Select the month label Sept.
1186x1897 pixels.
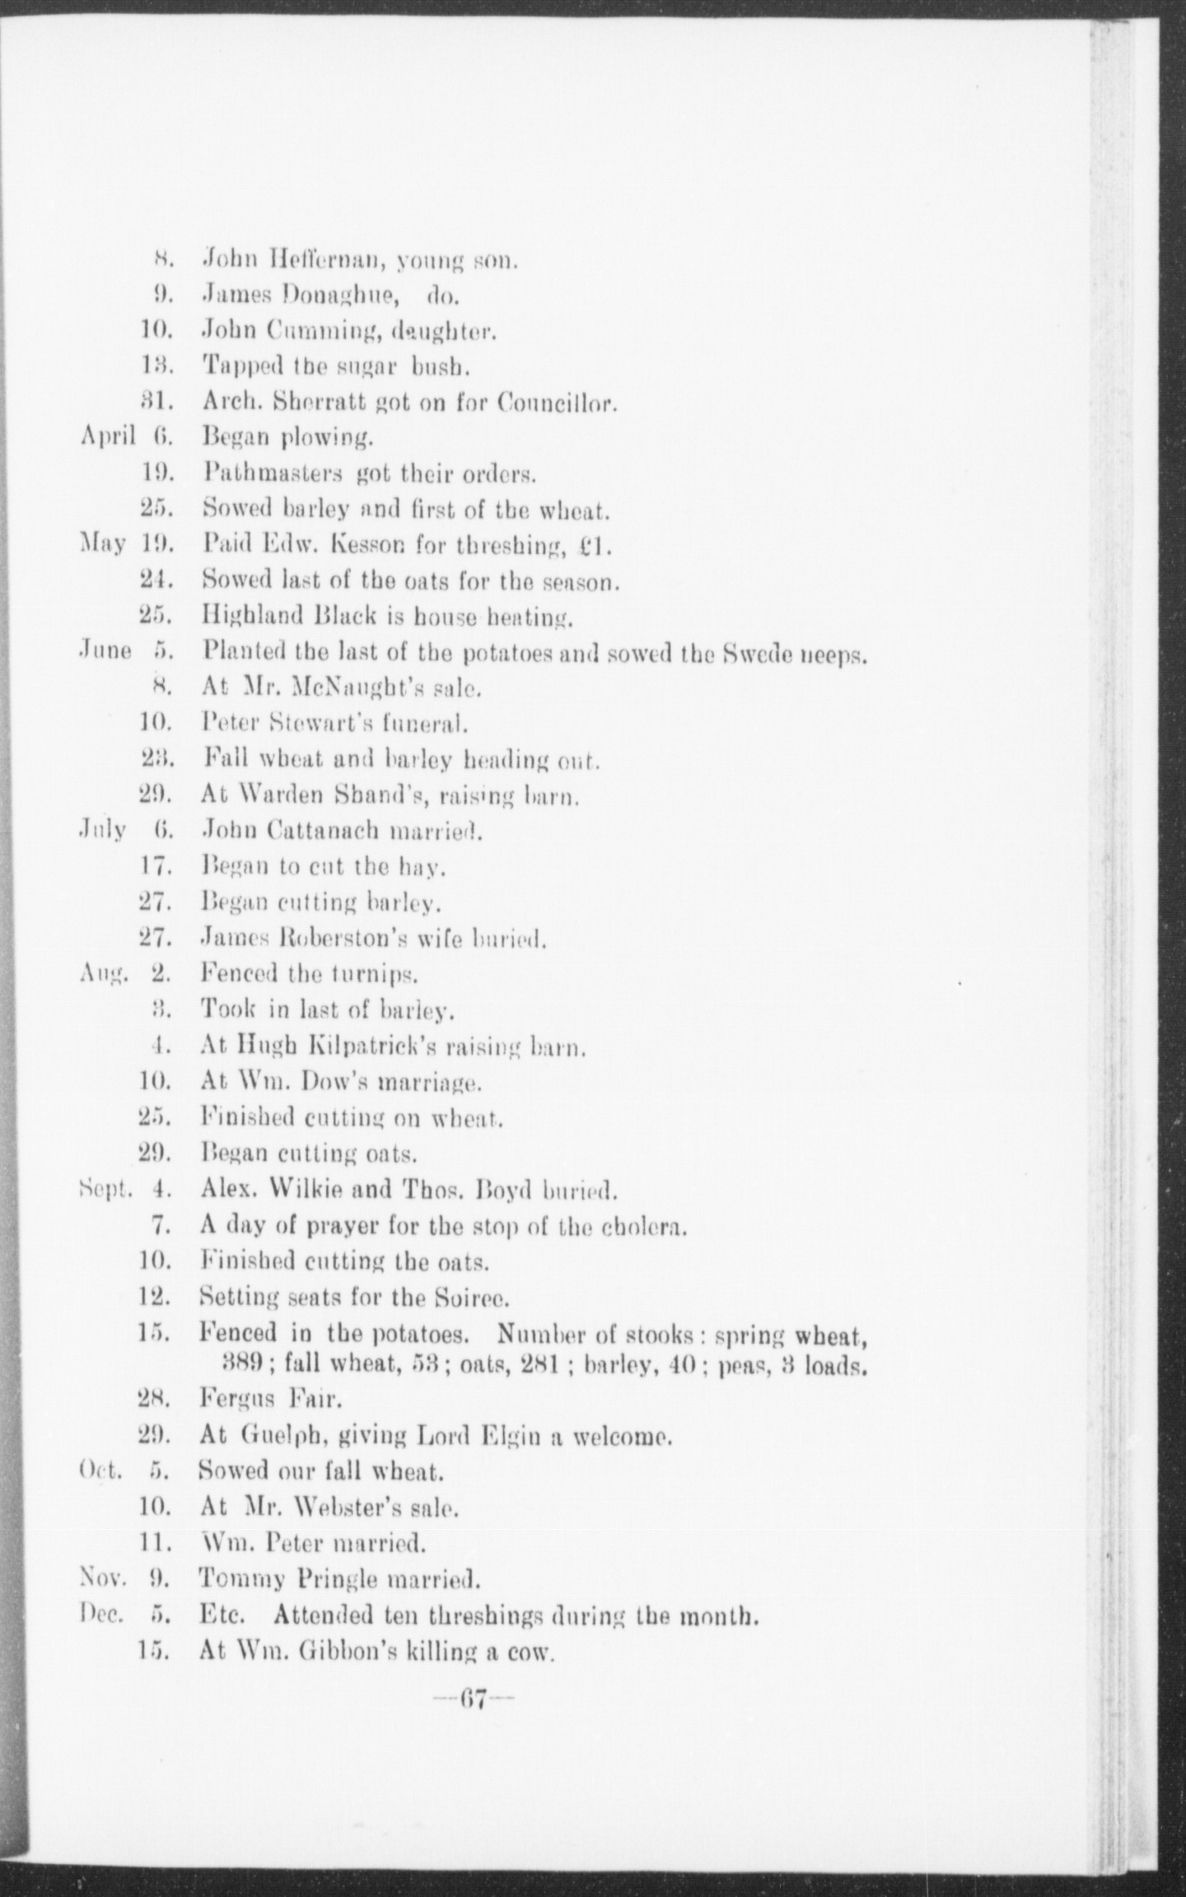[x=101, y=1191]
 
